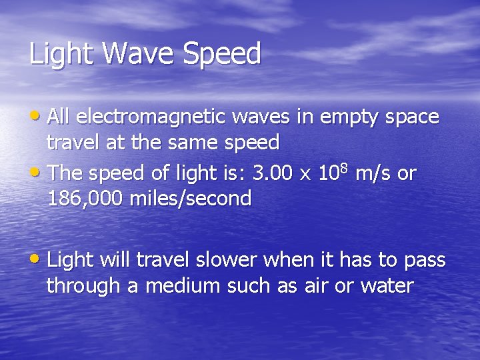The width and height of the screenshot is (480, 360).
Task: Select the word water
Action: pyautogui.click(x=387, y=287)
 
